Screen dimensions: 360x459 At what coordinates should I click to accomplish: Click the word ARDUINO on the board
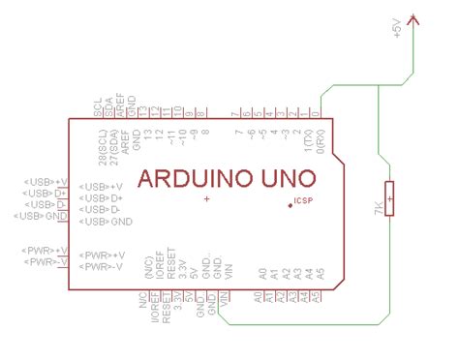tap(192, 179)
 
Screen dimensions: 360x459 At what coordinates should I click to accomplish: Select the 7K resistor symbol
tap(389, 198)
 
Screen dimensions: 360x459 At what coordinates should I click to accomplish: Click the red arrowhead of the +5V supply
tap(414, 17)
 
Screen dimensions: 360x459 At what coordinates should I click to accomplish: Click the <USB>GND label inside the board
tap(108, 222)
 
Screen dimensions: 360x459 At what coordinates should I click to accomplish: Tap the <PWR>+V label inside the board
tap(107, 255)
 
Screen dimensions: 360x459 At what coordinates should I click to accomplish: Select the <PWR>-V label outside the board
tap(46, 262)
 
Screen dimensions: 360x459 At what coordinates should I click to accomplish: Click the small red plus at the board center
tap(206, 198)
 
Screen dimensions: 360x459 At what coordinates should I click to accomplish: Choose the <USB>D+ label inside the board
tap(105, 197)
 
